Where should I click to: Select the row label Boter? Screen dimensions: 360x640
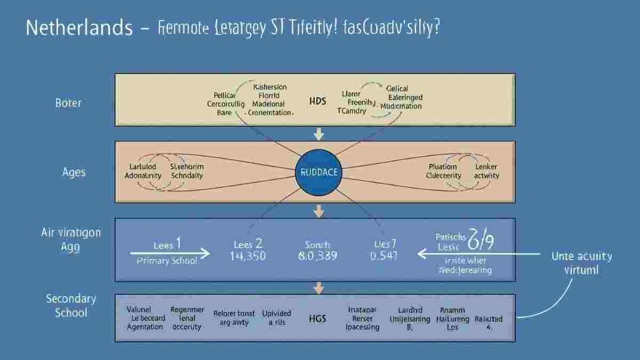point(68,102)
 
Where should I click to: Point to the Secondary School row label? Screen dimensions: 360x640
point(70,305)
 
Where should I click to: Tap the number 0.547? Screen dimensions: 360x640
point(384,256)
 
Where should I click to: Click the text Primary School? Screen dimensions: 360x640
point(167,261)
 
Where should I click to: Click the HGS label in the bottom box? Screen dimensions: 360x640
point(317,318)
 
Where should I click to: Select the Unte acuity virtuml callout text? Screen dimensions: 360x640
point(581,263)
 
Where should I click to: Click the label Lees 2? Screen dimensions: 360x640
point(247,243)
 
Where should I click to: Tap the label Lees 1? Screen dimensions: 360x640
point(167,245)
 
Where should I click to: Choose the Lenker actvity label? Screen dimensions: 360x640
point(486,171)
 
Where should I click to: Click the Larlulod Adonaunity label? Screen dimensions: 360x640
point(143,171)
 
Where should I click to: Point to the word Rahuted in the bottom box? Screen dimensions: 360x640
point(488,319)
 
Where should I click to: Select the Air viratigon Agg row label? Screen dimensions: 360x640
point(70,240)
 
